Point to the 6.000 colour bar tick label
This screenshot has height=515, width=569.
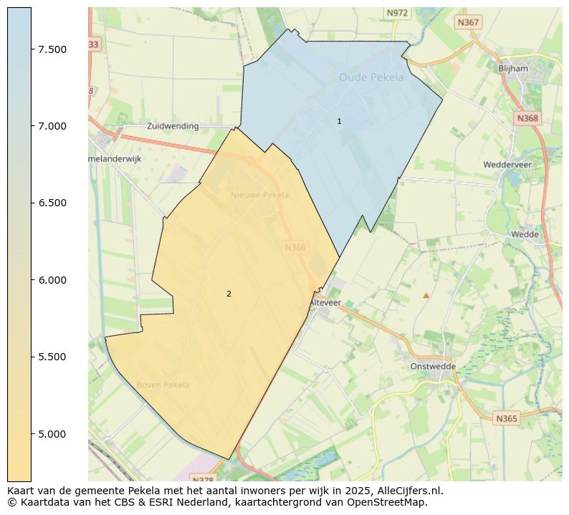(x=52, y=280)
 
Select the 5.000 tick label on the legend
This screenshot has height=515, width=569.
(x=52, y=434)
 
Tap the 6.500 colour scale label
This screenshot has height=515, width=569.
(x=52, y=203)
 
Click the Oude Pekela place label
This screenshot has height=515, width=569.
(x=371, y=77)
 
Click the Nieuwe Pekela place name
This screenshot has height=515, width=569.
(x=259, y=195)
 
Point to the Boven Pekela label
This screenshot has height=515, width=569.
(x=163, y=385)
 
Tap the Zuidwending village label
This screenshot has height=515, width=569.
(x=173, y=126)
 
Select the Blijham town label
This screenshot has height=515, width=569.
(x=512, y=69)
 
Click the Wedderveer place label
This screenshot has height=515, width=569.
(x=507, y=165)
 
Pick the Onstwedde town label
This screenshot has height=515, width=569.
(x=433, y=366)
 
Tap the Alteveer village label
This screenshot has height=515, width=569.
(x=325, y=303)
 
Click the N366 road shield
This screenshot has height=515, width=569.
(x=295, y=247)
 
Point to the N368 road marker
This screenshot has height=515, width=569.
(x=527, y=118)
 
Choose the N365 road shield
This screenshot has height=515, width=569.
(x=506, y=418)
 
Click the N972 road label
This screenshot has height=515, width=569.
(x=396, y=13)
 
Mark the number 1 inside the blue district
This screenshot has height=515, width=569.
(x=339, y=122)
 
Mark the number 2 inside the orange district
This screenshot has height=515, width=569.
(x=229, y=294)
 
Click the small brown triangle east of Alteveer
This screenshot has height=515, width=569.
(x=426, y=295)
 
